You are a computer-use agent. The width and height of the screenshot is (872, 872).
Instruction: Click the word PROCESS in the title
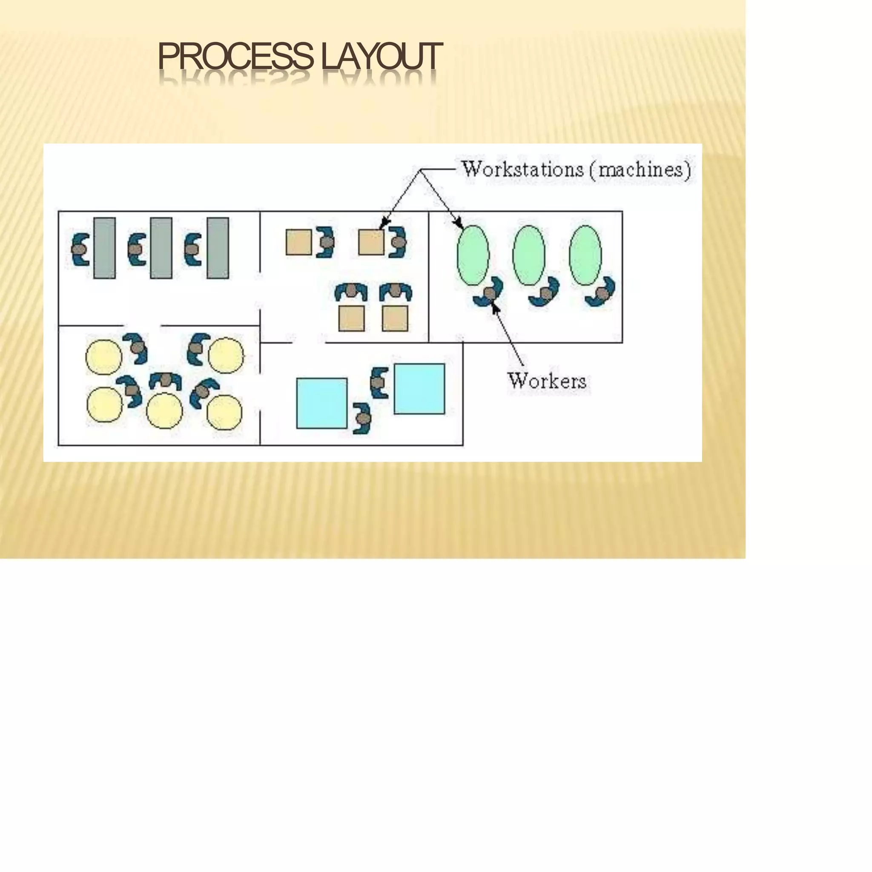tap(235, 57)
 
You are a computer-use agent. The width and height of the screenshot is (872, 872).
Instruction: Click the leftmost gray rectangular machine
tap(105, 248)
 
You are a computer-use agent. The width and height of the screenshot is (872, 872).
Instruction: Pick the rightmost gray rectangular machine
tap(218, 248)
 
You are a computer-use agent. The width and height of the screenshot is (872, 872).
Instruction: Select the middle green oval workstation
tap(528, 255)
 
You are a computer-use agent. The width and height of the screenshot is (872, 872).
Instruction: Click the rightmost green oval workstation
tap(585, 255)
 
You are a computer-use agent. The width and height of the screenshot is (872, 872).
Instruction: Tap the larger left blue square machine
tap(322, 403)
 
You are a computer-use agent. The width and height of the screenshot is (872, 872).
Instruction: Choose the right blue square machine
tap(419, 389)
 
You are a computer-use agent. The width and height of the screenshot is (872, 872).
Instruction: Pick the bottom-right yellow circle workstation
tap(224, 412)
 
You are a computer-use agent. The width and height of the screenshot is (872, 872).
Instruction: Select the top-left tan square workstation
tap(299, 242)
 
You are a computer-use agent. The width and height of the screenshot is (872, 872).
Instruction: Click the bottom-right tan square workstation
tap(395, 318)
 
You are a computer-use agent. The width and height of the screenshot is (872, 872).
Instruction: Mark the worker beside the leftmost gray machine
tap(80, 249)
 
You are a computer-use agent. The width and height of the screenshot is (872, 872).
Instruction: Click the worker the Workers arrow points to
tap(489, 293)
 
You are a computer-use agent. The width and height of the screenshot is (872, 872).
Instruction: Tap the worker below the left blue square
tap(362, 419)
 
